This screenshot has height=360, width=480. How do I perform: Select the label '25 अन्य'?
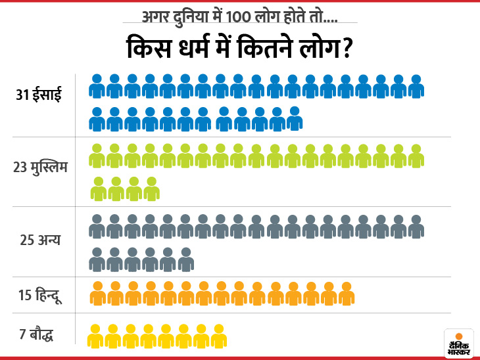(x=40, y=239)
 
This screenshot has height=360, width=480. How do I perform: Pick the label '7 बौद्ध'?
(x=36, y=334)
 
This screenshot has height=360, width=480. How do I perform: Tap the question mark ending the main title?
(x=343, y=50)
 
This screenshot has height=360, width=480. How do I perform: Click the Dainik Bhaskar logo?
(x=458, y=343)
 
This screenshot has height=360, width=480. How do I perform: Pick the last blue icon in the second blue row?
(x=293, y=118)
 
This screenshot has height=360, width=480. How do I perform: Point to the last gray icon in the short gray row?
(x=185, y=259)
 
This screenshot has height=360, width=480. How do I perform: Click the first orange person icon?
(x=98, y=294)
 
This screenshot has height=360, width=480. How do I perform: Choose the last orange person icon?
(x=347, y=294)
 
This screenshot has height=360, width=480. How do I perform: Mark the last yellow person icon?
(x=219, y=335)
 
